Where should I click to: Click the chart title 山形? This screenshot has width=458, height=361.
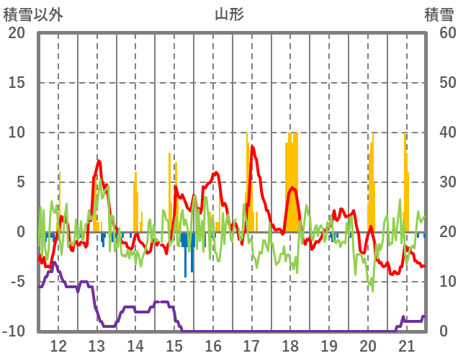click(229, 14)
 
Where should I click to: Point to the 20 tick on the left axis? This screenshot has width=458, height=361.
click(17, 33)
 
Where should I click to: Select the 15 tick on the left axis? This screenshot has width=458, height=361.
click(17, 83)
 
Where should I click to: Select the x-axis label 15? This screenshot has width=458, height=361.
click(174, 344)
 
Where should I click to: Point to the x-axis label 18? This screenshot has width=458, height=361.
click(290, 344)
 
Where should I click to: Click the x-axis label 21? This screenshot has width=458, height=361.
click(407, 344)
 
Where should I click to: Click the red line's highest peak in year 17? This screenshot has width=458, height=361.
click(251, 147)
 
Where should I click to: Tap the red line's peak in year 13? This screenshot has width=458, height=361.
click(99, 161)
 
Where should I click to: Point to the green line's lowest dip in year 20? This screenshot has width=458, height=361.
click(372, 290)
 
